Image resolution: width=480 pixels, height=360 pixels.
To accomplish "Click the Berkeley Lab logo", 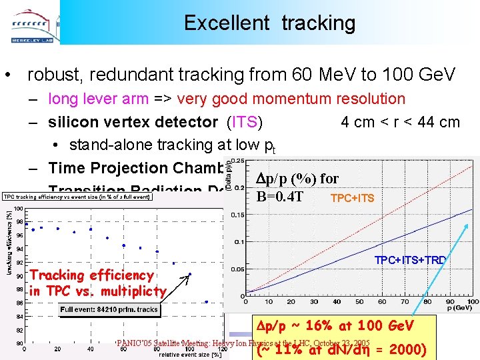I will (x=30, y=21).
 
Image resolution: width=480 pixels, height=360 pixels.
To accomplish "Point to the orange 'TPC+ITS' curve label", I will (x=353, y=198).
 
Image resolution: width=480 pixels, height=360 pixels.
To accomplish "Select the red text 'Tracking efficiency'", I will (x=92, y=275).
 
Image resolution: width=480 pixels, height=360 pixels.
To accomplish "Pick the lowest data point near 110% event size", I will (x=207, y=302).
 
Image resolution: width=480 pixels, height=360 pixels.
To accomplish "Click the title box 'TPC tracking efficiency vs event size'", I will (x=77, y=197).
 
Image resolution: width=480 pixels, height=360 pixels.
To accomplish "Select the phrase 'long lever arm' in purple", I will (x=98, y=99).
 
